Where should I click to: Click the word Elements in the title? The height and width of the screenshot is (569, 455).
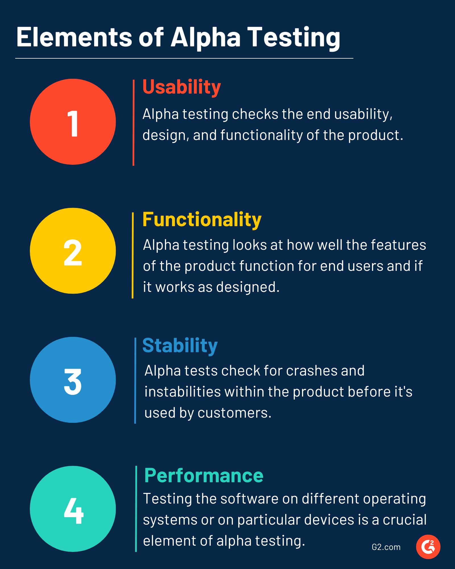[74, 37]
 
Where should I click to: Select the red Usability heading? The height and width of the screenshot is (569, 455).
[182, 87]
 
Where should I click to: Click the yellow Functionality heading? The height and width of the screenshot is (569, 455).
[202, 220]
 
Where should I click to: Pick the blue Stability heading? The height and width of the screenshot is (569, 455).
[180, 346]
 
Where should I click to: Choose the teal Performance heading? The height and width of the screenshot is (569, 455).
[204, 476]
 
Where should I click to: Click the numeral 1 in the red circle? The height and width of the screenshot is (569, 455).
[73, 123]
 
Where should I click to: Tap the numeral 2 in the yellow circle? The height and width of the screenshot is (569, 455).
[73, 252]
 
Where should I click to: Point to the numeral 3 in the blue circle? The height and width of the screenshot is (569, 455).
[73, 382]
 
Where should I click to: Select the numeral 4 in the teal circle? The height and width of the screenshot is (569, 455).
[74, 511]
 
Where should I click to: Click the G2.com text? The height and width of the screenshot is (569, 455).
[386, 547]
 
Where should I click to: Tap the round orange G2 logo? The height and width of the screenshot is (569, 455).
[428, 547]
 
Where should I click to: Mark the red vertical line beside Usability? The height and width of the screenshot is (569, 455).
[133, 123]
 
